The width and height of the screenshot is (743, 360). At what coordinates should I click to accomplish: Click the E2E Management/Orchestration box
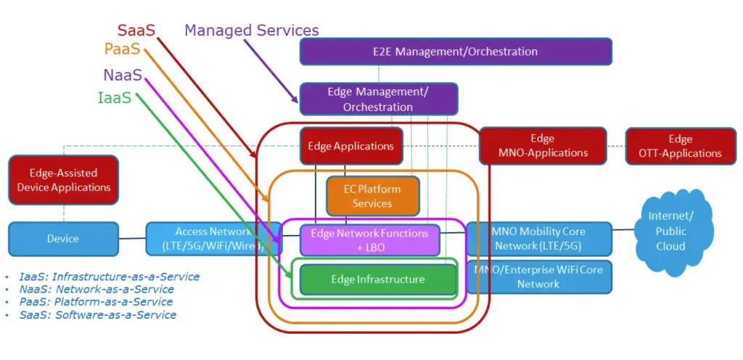point(456,52)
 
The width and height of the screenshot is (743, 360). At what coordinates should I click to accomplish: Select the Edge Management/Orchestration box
point(378,99)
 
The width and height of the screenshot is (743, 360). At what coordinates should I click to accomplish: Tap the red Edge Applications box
point(350,146)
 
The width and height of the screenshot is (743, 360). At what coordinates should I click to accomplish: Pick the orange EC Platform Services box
point(372,196)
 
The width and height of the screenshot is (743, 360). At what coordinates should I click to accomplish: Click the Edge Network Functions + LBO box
point(370,240)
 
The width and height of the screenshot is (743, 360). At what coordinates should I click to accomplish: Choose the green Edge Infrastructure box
point(377,279)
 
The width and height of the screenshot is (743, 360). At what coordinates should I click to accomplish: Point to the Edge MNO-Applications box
point(542,146)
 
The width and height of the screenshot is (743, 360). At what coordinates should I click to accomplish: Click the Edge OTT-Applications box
point(680,146)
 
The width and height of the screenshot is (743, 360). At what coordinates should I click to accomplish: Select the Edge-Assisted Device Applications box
point(63,180)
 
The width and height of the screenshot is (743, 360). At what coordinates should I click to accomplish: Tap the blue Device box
point(63,239)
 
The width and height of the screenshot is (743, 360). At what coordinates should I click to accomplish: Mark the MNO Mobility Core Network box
point(538,239)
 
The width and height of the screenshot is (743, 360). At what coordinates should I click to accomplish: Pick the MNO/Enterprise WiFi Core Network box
point(538,277)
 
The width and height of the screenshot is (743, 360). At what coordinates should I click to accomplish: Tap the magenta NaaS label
point(122,75)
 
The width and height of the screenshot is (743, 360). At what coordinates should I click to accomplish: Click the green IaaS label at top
point(115,98)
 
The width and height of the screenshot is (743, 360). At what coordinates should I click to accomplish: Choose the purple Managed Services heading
point(251,30)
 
